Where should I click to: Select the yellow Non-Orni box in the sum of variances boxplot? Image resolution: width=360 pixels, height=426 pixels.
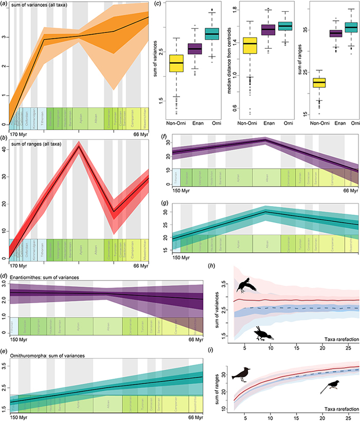(176, 63)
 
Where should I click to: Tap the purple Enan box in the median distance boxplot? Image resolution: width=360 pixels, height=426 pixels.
(268, 29)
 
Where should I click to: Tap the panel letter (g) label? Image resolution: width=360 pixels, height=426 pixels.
(164, 197)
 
